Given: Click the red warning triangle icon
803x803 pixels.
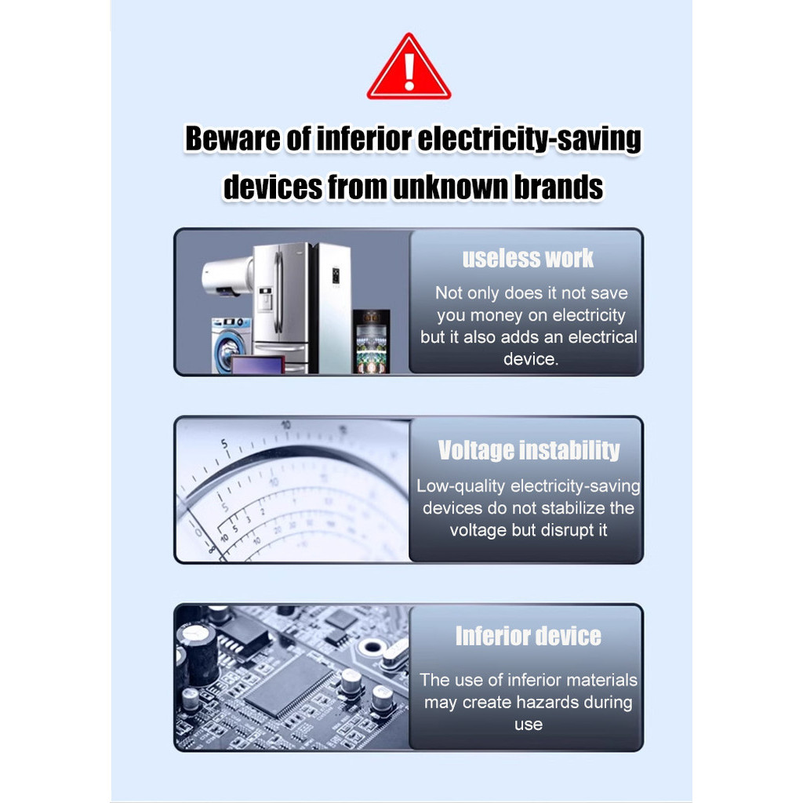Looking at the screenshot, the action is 409,68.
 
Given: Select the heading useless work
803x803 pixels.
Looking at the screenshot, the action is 528,257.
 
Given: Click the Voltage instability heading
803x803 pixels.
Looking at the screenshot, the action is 529,450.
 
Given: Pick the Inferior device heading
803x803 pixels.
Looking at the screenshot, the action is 528,636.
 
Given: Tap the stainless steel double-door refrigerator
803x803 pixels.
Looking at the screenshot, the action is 282,307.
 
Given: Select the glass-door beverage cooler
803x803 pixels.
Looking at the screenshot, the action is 371,341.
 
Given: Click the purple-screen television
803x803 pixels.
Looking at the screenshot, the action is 257,364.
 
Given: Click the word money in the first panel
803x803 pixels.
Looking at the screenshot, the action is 496,315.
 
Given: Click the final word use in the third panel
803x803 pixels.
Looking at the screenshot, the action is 529,725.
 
